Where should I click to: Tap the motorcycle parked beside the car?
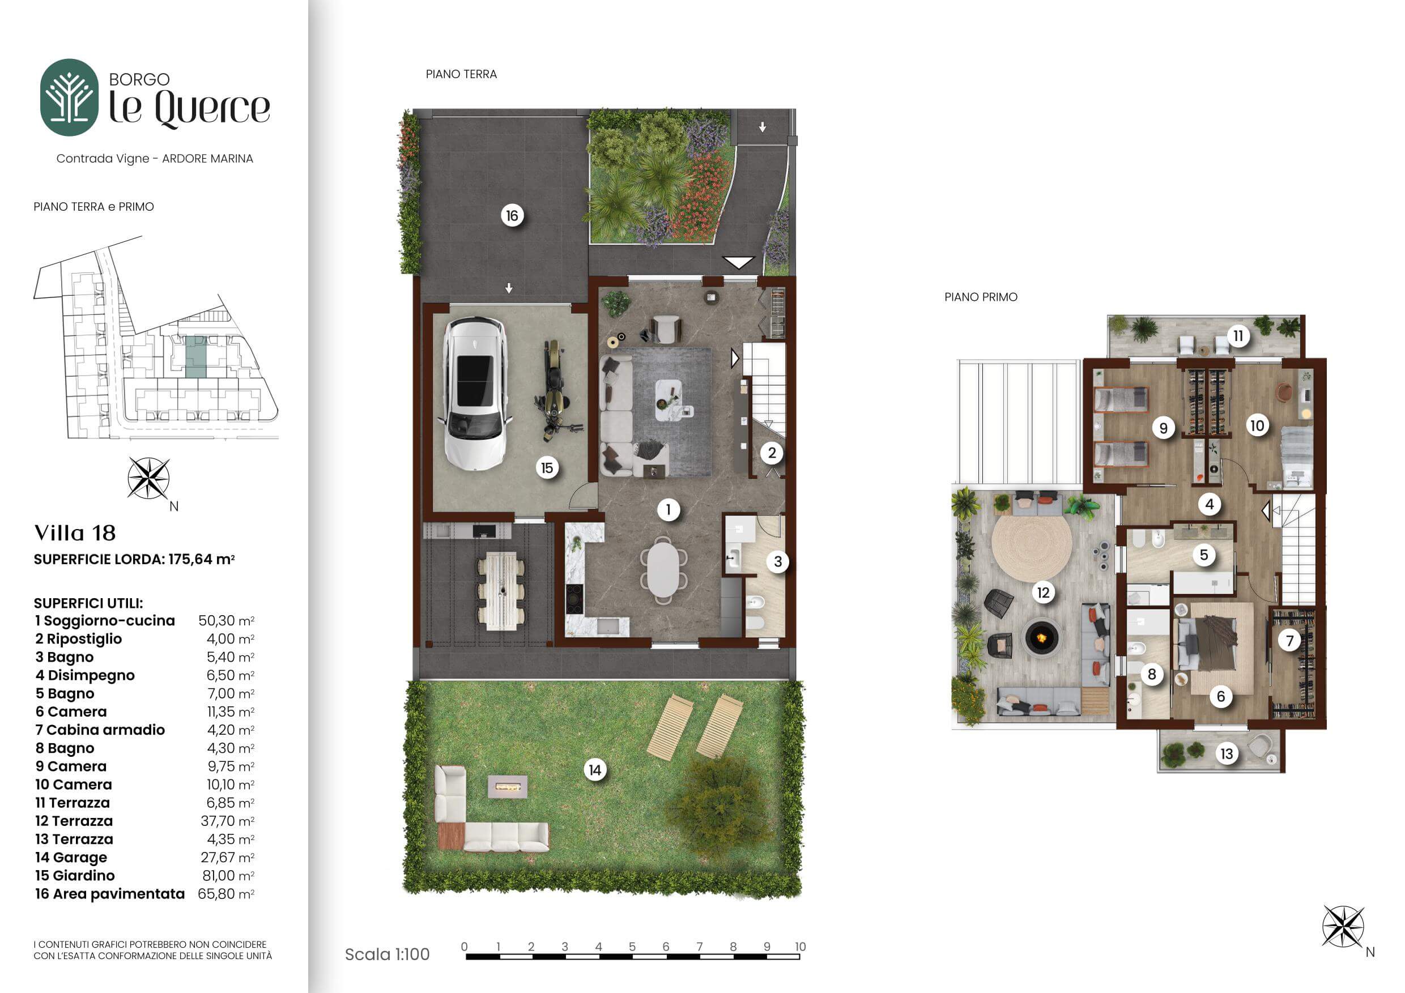coord(552,391)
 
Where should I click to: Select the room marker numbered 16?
coord(512,215)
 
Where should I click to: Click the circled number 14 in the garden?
coord(595,770)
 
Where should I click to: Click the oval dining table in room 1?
coord(663,569)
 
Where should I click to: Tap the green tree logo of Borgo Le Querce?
coord(69,97)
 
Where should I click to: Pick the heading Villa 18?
coord(75,533)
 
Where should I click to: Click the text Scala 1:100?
coord(387,954)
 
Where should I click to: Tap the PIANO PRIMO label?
coord(980,297)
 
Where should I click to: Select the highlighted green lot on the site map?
coord(196,356)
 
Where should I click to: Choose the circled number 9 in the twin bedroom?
coord(1163,428)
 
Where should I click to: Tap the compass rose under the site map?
coord(148,479)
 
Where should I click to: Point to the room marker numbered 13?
coord(1227,753)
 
